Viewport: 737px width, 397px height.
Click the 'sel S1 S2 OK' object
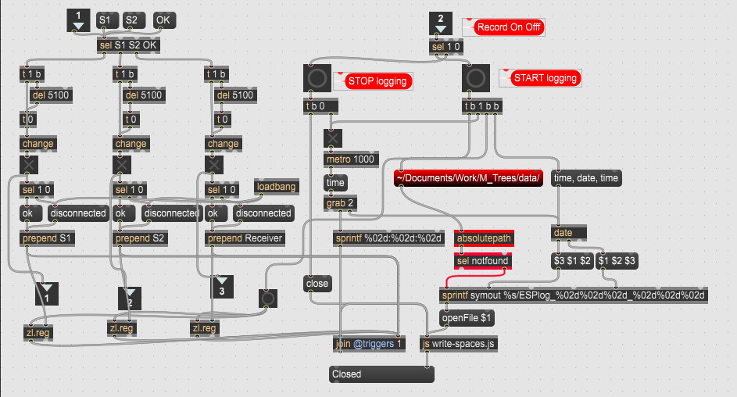pyautogui.click(x=128, y=45)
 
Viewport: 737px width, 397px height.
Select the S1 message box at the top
pyautogui.click(x=107, y=20)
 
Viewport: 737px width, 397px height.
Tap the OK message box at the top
pyautogui.click(x=164, y=20)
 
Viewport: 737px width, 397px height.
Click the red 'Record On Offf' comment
pyautogui.click(x=509, y=27)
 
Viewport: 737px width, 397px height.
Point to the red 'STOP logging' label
pyautogui.click(x=377, y=81)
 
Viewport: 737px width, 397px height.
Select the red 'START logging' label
pyautogui.click(x=545, y=78)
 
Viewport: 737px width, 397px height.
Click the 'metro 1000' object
pyautogui.click(x=351, y=159)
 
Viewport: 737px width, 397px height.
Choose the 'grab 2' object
pyautogui.click(x=340, y=203)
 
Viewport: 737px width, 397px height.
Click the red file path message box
pyautogui.click(x=468, y=178)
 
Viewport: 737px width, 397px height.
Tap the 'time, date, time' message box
pyautogui.click(x=586, y=178)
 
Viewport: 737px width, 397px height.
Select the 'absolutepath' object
pyautogui.click(x=484, y=238)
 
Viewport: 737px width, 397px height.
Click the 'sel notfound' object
pyautogui.click(x=483, y=261)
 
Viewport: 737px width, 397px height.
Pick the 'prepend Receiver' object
pyautogui.click(x=245, y=238)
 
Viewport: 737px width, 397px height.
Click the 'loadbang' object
pyautogui.click(x=277, y=187)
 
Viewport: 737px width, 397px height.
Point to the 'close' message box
pyautogui.click(x=317, y=284)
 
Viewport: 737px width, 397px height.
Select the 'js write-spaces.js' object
pyautogui.click(x=459, y=344)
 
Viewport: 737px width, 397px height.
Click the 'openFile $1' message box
pyautogui.click(x=467, y=318)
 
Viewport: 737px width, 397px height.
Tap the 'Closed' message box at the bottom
pyautogui.click(x=381, y=374)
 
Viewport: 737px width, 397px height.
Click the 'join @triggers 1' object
pyautogui.click(x=369, y=344)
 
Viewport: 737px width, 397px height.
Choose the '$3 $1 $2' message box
pyautogui.click(x=572, y=261)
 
